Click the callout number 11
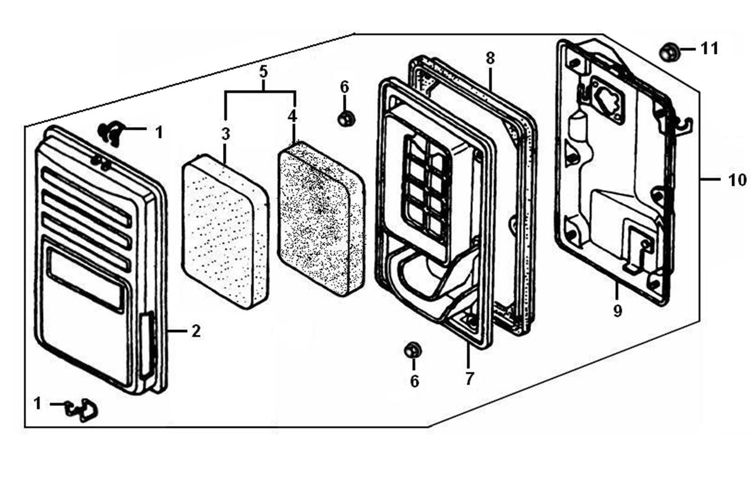pyautogui.click(x=709, y=49)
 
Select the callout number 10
pyautogui.click(x=737, y=180)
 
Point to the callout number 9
pyautogui.click(x=617, y=311)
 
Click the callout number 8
pyautogui.click(x=490, y=58)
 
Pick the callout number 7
pyautogui.click(x=468, y=379)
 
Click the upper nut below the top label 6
pyautogui.click(x=346, y=118)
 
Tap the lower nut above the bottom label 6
pyautogui.click(x=412, y=350)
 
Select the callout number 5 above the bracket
pyautogui.click(x=264, y=72)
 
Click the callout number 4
pyautogui.click(x=293, y=117)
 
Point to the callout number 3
pyautogui.click(x=225, y=134)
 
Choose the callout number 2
pyautogui.click(x=196, y=331)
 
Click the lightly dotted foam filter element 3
pyautogui.click(x=225, y=232)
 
